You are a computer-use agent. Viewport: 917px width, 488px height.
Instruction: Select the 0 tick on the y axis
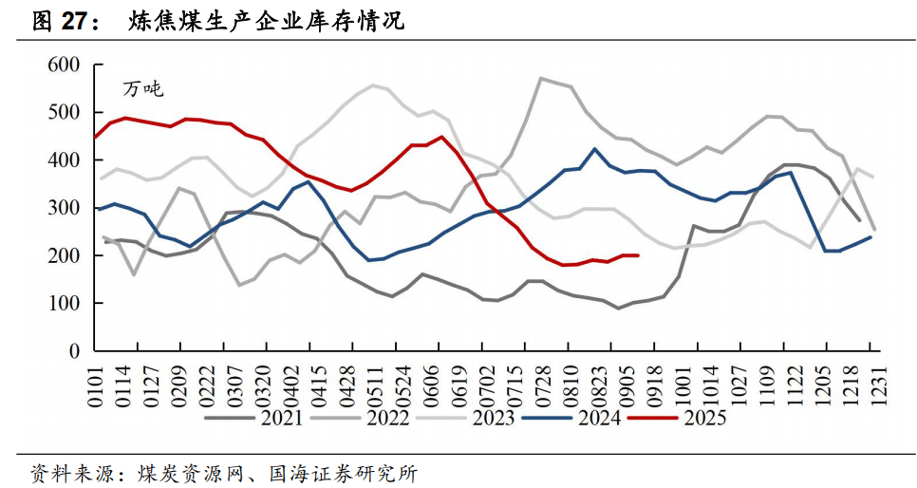pyautogui.click(x=73, y=351)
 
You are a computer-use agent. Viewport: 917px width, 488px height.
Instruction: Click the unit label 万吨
pyautogui.click(x=143, y=90)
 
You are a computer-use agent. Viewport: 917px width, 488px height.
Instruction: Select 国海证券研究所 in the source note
pyautogui.click(x=344, y=472)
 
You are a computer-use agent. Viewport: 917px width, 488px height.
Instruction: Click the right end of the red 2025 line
pyautogui.click(x=637, y=255)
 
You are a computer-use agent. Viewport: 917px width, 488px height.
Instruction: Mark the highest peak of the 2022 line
pyautogui.click(x=541, y=79)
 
